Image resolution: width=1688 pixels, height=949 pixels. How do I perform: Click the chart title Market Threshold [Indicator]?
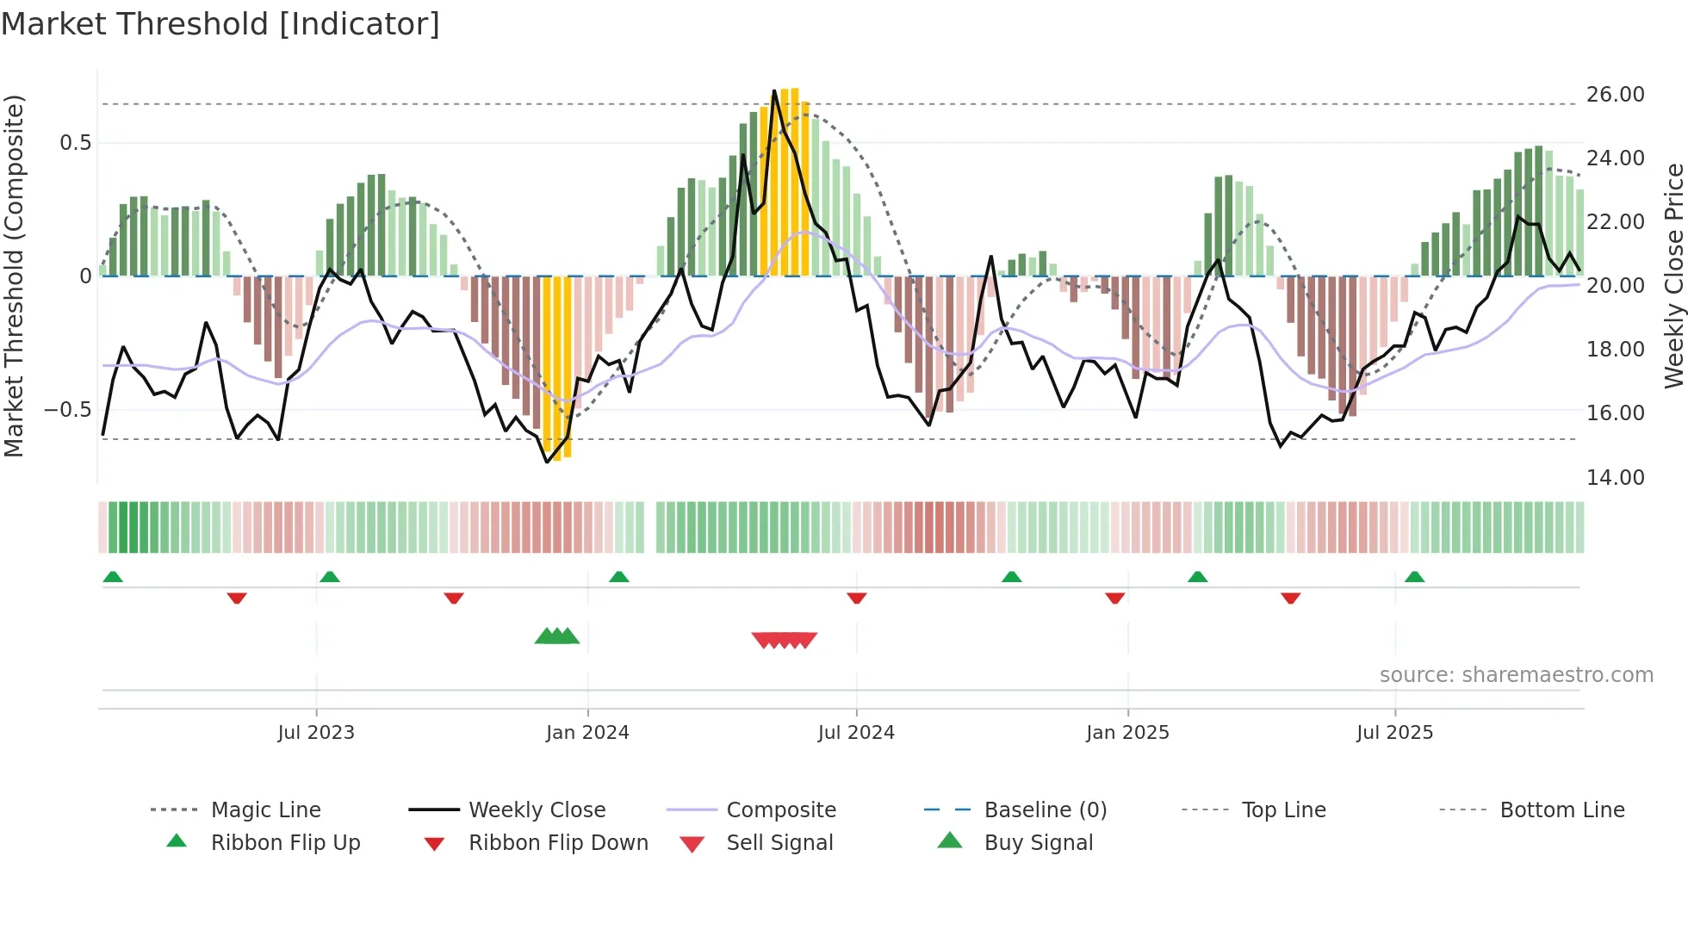220,24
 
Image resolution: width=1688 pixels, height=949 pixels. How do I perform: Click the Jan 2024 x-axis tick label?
587,733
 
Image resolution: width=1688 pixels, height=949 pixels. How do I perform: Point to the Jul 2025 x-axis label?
1394,733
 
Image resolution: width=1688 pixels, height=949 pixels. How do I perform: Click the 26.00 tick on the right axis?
1615,95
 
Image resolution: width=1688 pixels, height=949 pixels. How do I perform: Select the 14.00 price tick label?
1615,478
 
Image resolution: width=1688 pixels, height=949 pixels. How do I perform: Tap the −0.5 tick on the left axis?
68,410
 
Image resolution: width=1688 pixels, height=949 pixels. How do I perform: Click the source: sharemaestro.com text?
1516,675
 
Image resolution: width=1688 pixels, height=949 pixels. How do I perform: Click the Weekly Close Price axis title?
1673,276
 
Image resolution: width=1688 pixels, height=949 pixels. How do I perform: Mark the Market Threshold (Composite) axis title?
14,276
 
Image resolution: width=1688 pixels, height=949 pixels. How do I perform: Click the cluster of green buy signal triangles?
556,637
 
